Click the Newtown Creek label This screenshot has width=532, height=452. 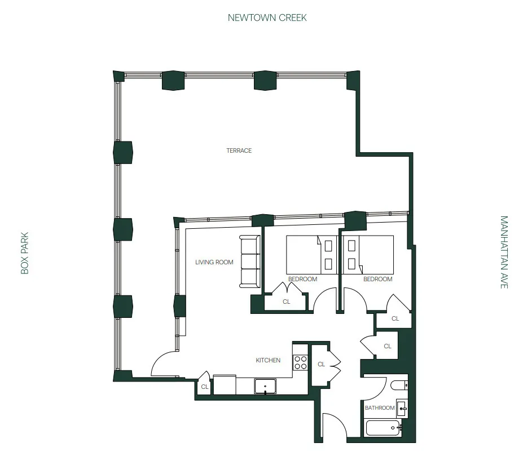(267, 17)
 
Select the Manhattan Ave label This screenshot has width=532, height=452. (504, 252)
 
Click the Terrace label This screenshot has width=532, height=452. (239, 150)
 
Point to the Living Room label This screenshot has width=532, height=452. (214, 262)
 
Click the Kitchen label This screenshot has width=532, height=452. (268, 360)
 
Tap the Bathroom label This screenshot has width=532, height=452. (379, 407)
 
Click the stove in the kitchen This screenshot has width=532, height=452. (300, 362)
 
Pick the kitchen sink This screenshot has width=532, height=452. (265, 387)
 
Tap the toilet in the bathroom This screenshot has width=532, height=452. (399, 386)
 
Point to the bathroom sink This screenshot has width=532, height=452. (402, 408)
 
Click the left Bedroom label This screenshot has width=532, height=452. (302, 279)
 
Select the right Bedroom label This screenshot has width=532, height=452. (377, 279)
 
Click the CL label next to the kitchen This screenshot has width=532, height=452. (321, 364)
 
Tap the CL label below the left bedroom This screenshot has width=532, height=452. (287, 302)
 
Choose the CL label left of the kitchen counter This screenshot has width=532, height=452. (205, 387)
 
